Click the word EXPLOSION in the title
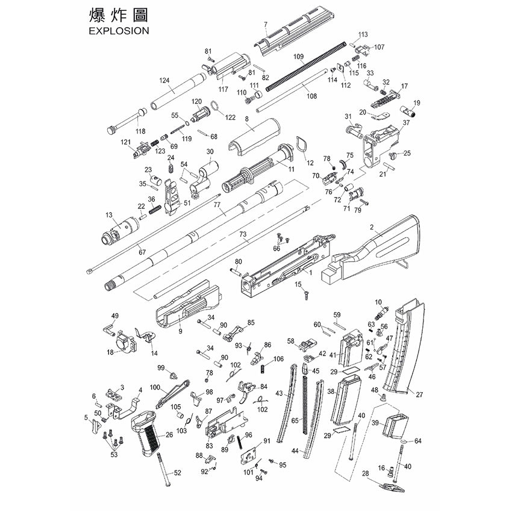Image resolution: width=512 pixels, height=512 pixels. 119,31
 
